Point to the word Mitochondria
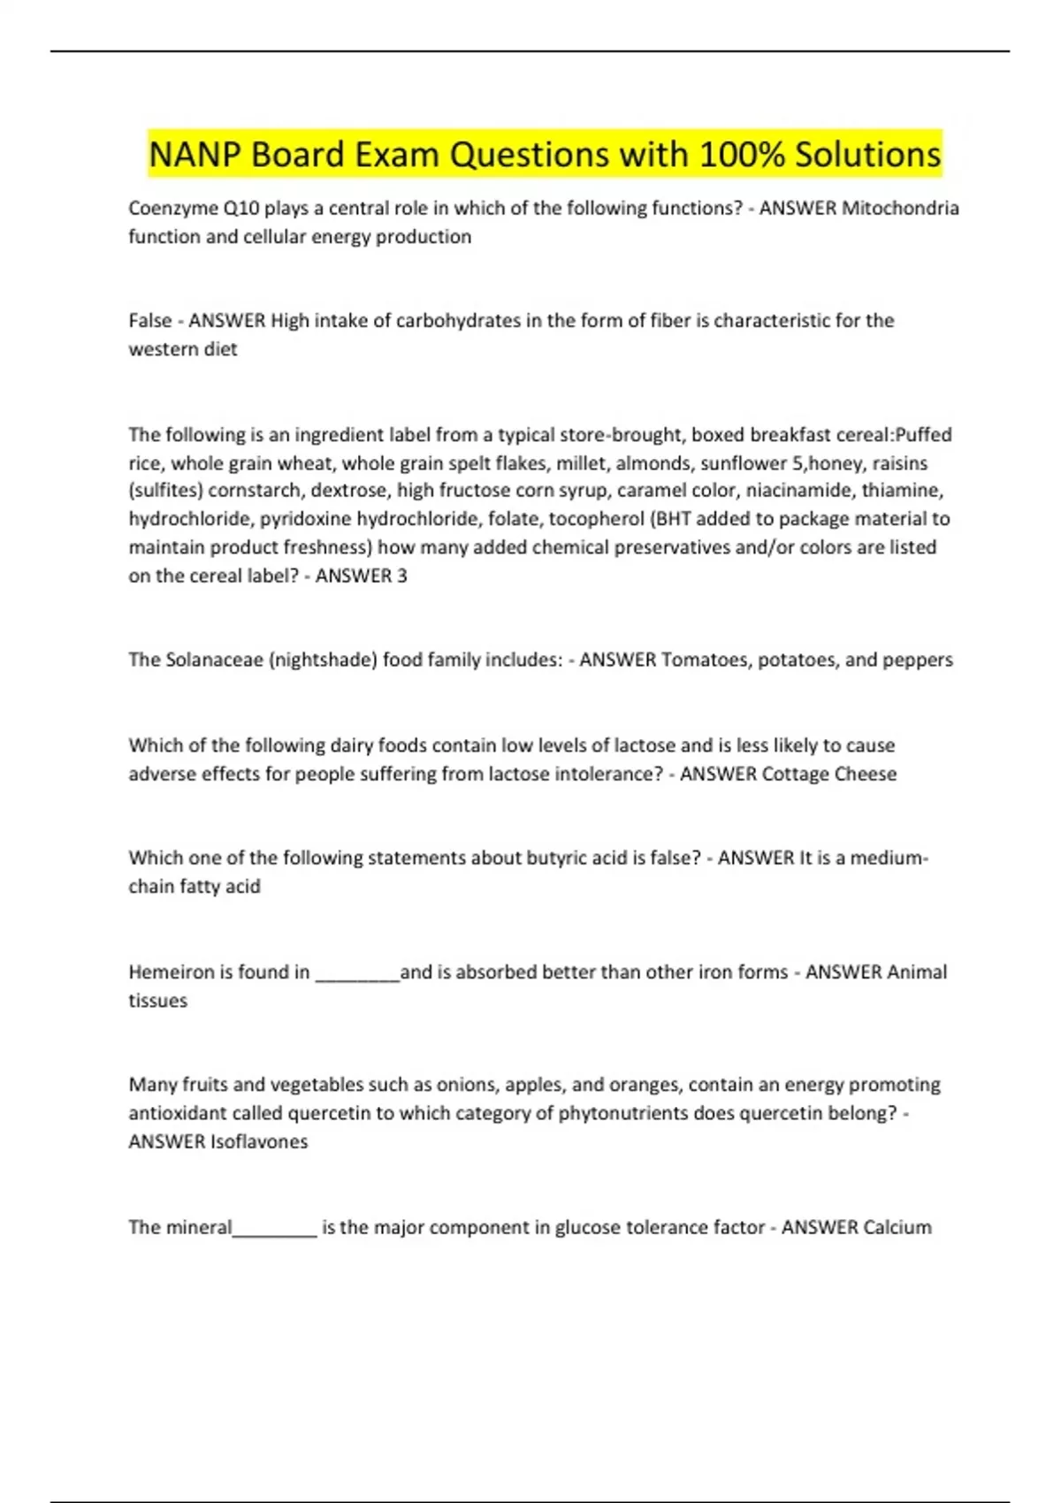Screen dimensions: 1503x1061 click(x=900, y=209)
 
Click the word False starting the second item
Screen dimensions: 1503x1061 click(x=150, y=321)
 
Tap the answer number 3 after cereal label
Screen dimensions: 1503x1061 click(x=401, y=576)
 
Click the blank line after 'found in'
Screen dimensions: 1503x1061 click(x=357, y=976)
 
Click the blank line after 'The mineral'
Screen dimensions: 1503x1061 click(x=274, y=1232)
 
